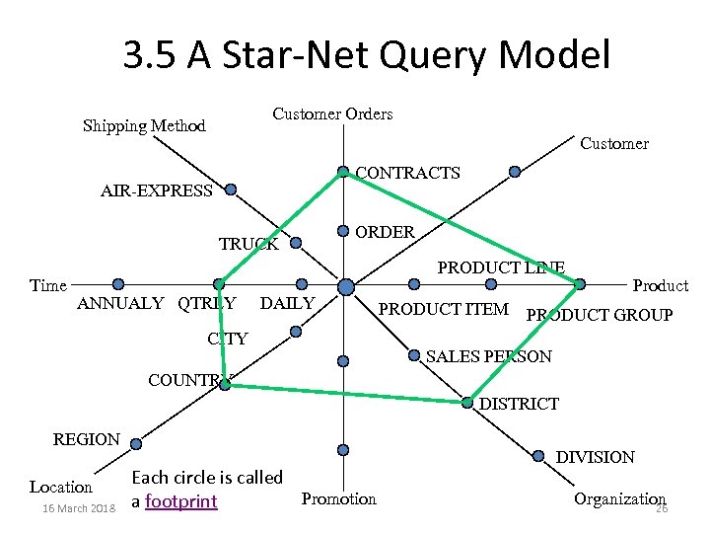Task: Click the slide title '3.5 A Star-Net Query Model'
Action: coord(367,55)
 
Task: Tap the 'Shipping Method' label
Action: coord(144,125)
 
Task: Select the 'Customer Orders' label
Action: coord(332,114)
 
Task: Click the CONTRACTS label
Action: coord(407,173)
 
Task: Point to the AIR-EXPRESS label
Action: coord(157,190)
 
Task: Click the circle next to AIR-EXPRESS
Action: coord(231,189)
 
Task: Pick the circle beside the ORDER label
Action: coord(343,231)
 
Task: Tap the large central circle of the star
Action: coord(346,286)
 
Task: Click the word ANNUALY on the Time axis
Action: coord(120,303)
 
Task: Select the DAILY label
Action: coord(287,303)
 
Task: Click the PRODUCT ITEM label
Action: coord(444,310)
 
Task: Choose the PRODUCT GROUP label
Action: coord(600,316)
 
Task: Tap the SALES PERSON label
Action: coord(489,355)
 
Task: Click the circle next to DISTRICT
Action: coord(466,402)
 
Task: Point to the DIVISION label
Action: coord(596,457)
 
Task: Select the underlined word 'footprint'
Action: coord(180,501)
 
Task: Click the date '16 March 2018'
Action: coord(73,508)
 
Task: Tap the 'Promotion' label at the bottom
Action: coord(339,499)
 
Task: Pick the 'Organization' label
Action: coord(619,499)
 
